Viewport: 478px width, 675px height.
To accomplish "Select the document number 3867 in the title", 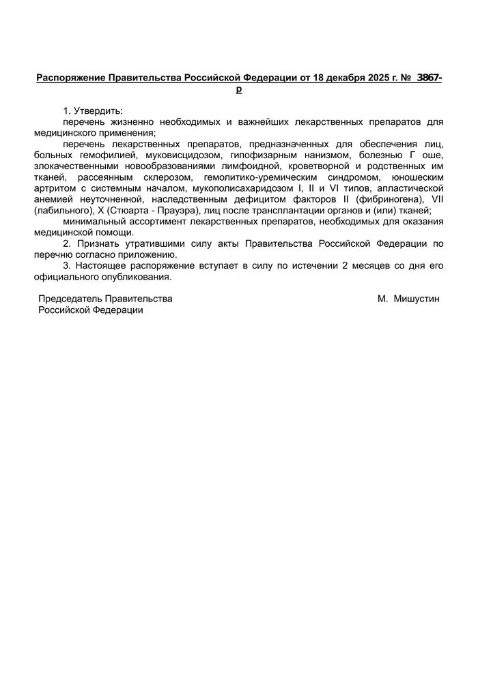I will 427,78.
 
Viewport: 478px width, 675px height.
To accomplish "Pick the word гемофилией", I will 102,155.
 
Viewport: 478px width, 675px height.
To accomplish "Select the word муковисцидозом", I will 180,155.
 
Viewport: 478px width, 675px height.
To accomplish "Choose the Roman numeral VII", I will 437,198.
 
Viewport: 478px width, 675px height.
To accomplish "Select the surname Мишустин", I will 417,299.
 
